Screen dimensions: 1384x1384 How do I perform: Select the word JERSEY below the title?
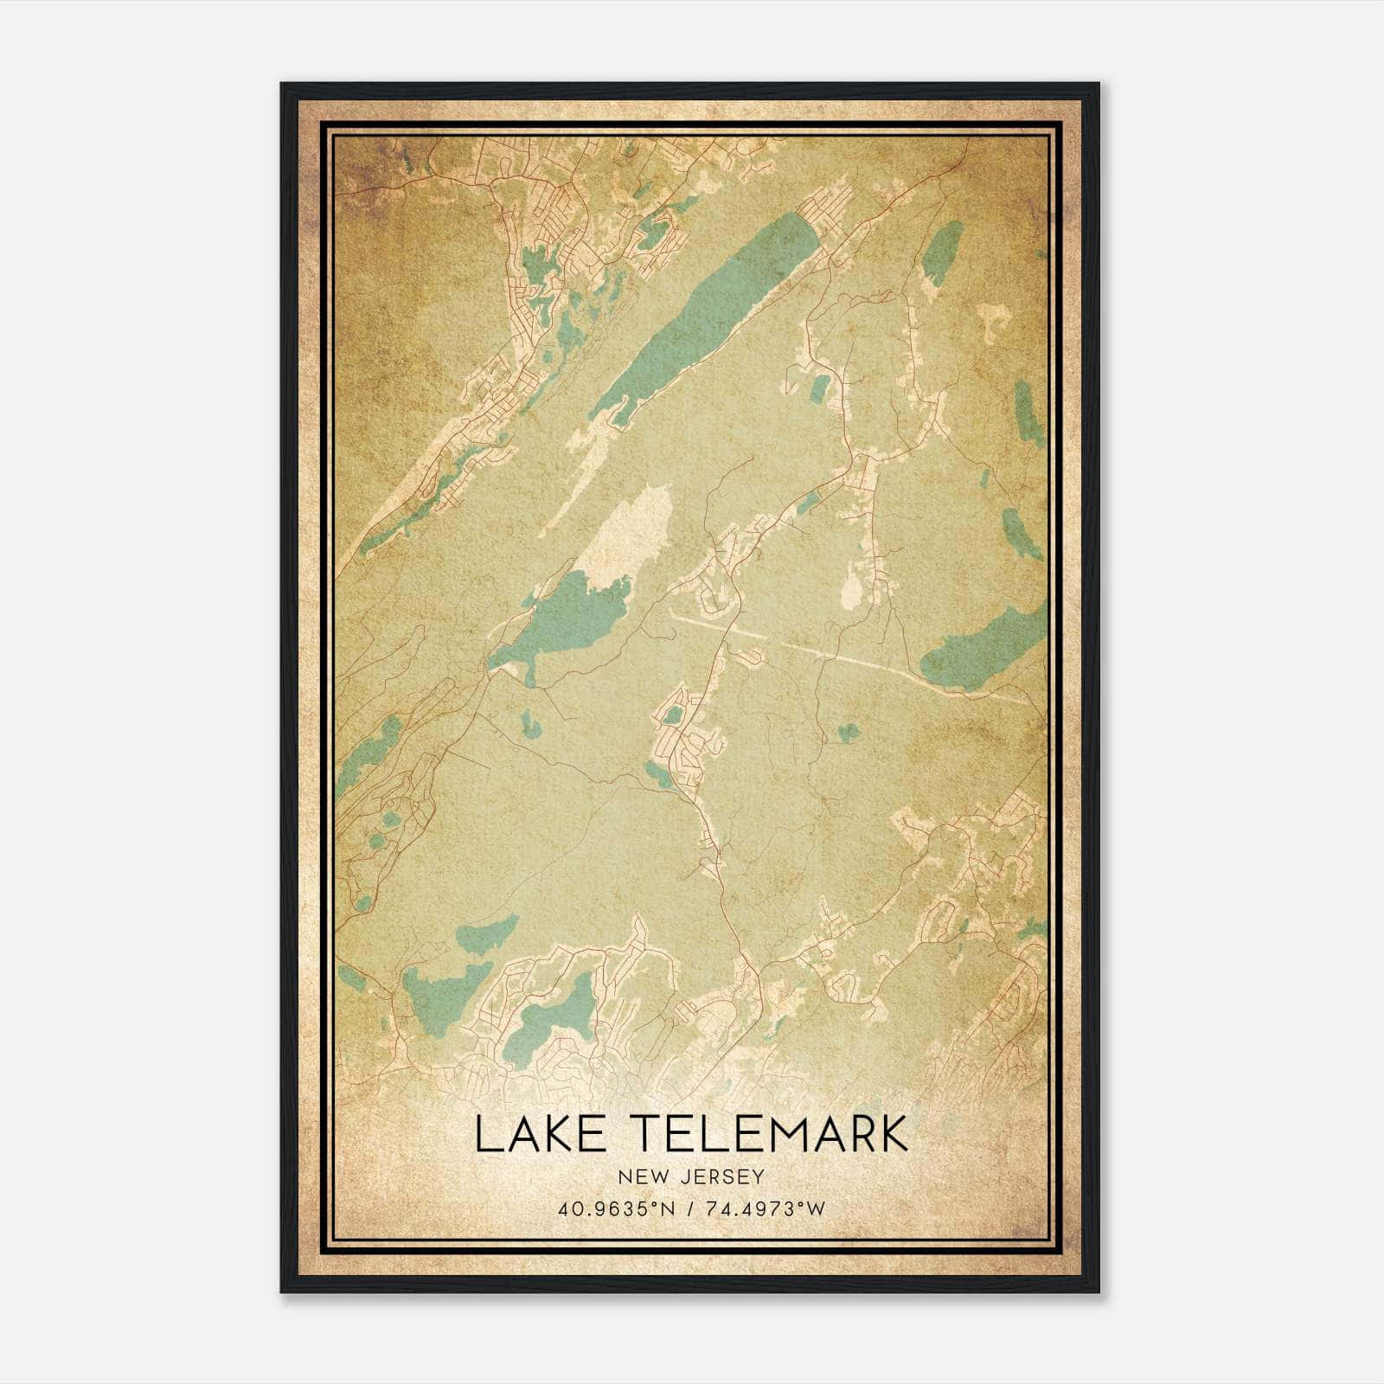(721, 1176)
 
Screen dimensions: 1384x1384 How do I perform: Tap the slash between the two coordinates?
(689, 1208)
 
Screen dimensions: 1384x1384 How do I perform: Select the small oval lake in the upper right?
(942, 251)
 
